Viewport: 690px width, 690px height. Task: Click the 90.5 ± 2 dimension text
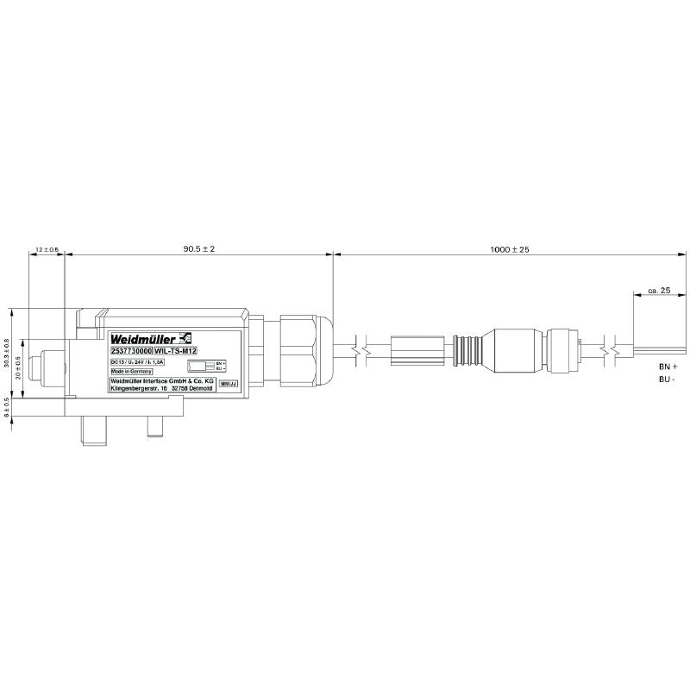point(198,248)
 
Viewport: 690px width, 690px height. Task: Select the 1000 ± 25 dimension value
point(509,248)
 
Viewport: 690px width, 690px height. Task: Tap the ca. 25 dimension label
point(659,291)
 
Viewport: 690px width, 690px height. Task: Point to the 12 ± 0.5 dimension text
point(47,249)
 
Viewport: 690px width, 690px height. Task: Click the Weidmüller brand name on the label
point(142,337)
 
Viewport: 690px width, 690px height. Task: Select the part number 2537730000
point(131,351)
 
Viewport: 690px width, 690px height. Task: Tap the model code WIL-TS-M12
point(175,351)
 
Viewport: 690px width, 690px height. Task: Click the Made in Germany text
point(131,372)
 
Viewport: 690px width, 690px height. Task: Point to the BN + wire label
point(667,366)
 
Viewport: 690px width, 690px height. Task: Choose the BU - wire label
point(666,379)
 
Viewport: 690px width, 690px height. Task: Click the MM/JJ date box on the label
point(228,383)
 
